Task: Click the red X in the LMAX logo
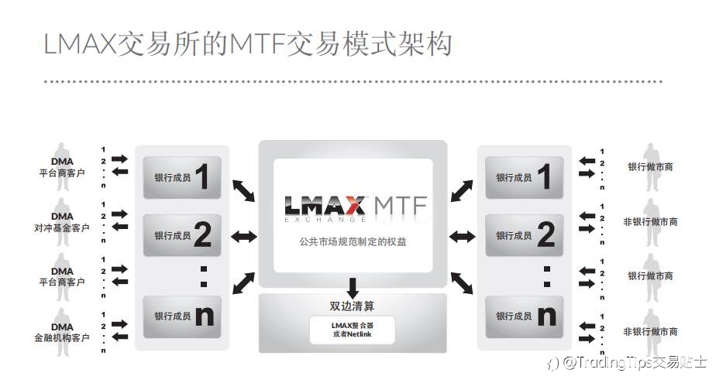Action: [354, 206]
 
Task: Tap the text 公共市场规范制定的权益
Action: [353, 241]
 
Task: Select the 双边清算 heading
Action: [352, 306]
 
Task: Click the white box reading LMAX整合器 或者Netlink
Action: [352, 330]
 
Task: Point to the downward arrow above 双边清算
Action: [353, 288]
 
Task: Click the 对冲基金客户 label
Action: [62, 227]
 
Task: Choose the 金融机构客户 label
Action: [62, 337]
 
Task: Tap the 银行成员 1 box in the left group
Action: [182, 177]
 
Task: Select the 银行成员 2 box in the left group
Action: [182, 235]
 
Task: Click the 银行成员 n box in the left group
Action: [182, 316]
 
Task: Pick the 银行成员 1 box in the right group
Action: [524, 177]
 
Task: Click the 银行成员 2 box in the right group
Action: [524, 235]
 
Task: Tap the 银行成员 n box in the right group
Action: [524, 316]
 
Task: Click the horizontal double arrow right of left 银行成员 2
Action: [244, 237]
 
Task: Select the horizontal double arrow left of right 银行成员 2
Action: [462, 237]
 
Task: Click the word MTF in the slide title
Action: [257, 44]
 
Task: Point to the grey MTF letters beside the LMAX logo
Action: [401, 206]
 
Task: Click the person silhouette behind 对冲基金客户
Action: [62, 222]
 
